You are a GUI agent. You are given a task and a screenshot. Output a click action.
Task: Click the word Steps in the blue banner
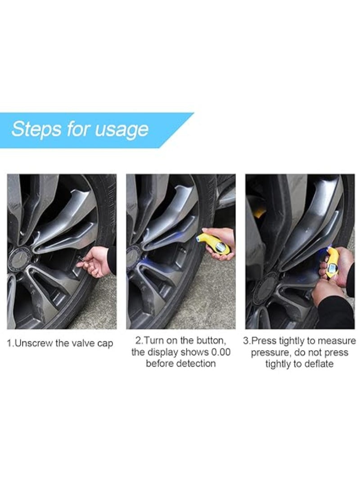(x=36, y=129)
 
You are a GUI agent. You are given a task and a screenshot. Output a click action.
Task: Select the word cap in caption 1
(x=105, y=344)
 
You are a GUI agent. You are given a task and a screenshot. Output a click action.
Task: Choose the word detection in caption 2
(x=196, y=364)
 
